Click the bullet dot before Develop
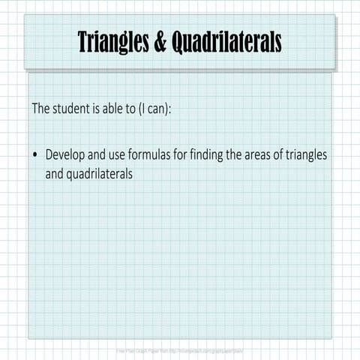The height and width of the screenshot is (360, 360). click(34, 155)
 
